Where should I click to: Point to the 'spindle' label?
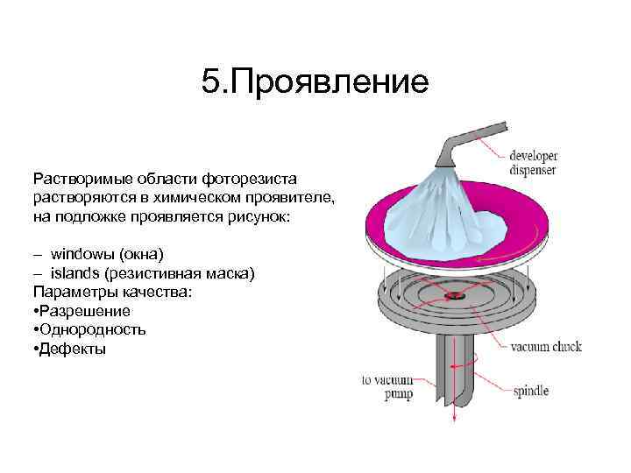(531, 391)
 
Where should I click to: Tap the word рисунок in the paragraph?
(261, 216)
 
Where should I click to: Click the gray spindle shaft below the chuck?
(456, 368)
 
